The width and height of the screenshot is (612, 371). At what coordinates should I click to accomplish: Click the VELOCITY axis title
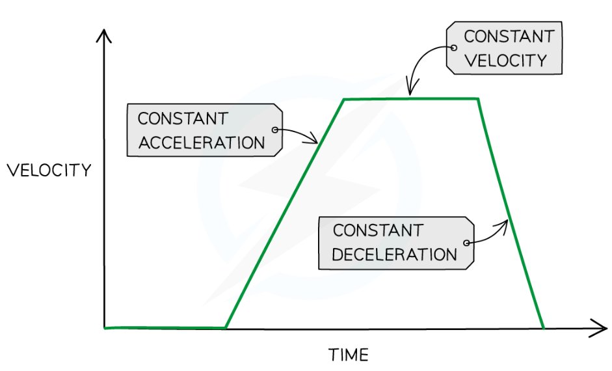click(x=49, y=171)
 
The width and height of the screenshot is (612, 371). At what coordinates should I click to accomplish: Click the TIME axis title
click(x=348, y=355)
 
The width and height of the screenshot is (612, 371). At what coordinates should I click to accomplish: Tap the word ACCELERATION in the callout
click(x=202, y=143)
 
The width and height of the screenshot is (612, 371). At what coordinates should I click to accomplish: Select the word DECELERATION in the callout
click(x=395, y=254)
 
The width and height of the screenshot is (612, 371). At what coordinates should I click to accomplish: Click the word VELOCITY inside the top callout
click(x=505, y=61)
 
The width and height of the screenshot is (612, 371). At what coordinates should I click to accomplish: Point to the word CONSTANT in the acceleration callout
click(x=183, y=118)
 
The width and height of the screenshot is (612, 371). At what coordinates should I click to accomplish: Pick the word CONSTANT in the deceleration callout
click(x=377, y=230)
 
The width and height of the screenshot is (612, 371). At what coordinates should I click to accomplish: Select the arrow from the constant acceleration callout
click(x=299, y=134)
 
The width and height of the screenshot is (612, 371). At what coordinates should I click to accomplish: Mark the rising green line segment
click(x=284, y=213)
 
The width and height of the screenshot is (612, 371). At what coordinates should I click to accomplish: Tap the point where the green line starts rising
click(x=226, y=327)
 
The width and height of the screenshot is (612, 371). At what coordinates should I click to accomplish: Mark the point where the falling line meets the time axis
click(x=542, y=327)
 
